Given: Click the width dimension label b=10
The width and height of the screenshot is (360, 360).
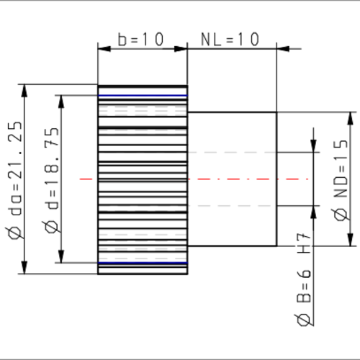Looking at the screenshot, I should pyautogui.click(x=142, y=39).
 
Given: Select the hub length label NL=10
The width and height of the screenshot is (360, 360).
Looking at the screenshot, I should pyautogui.click(x=230, y=39).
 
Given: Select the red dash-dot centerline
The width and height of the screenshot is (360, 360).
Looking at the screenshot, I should pyautogui.click(x=194, y=179).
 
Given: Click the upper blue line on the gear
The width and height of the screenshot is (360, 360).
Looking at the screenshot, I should pyautogui.click(x=143, y=96).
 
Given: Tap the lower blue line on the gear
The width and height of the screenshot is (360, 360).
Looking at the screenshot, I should pyautogui.click(x=143, y=263).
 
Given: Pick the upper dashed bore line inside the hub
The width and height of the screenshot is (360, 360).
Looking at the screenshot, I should pyautogui.click(x=230, y=153).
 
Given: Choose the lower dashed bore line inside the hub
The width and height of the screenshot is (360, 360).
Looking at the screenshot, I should pyautogui.click(x=230, y=206).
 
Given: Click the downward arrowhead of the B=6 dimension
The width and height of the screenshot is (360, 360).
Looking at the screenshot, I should pyautogui.click(x=314, y=145).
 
